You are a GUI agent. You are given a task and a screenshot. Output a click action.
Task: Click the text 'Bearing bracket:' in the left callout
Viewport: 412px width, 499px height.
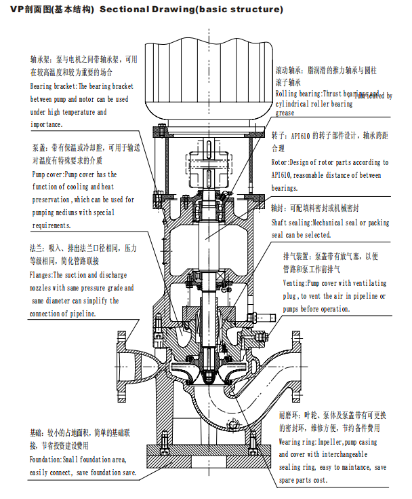[x=55, y=87]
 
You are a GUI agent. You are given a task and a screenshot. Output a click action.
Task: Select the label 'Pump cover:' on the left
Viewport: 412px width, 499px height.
[x=47, y=174]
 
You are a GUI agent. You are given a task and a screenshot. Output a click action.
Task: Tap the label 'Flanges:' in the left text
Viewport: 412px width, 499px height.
[x=41, y=276]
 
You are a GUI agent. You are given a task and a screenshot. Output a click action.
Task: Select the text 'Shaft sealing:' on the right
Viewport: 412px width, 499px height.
[x=293, y=223]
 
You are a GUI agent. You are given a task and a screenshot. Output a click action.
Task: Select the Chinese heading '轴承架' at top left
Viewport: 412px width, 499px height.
[x=39, y=60]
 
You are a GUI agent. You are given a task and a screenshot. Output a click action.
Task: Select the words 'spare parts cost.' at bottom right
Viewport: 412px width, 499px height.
[x=303, y=481]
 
